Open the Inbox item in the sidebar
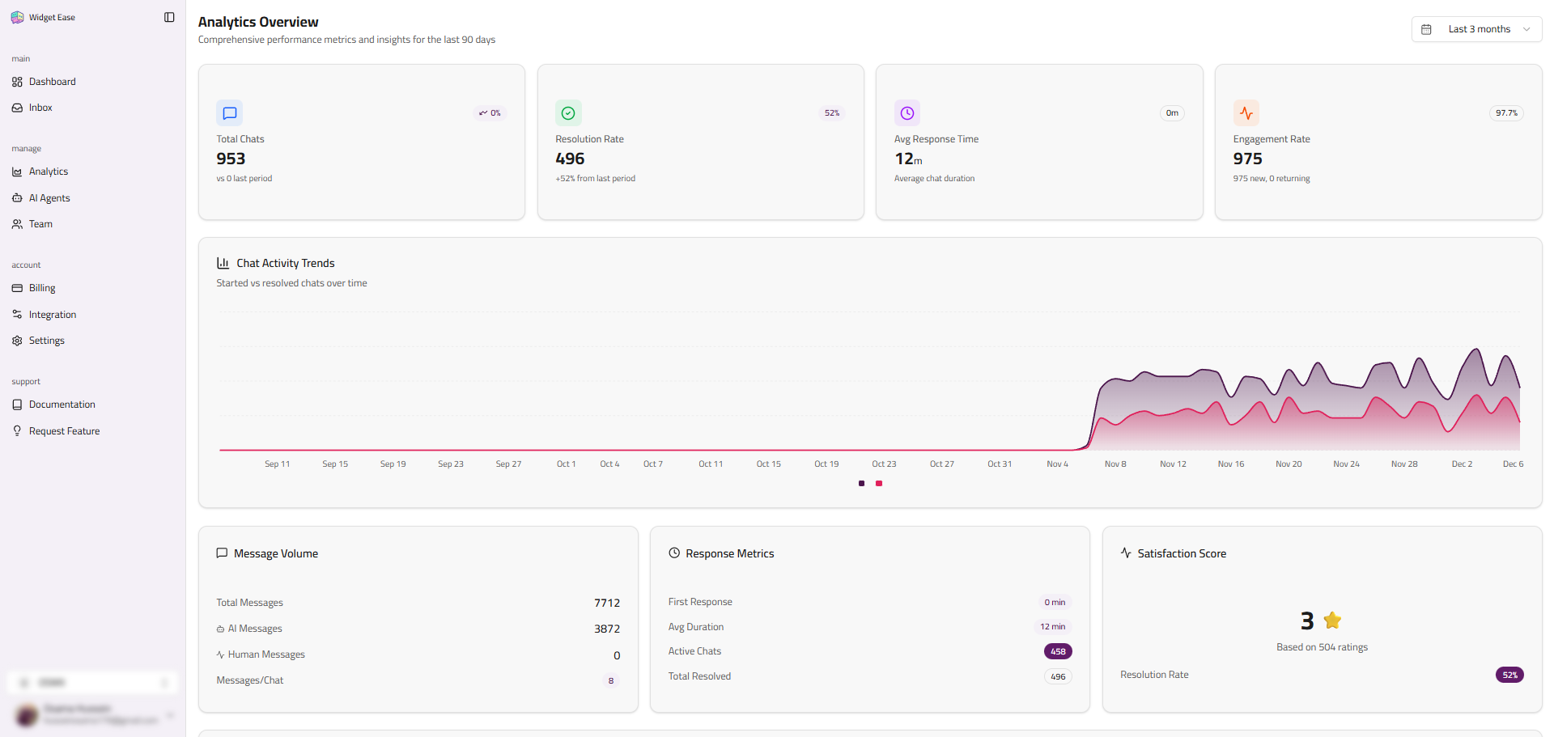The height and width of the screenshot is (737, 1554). [x=40, y=108]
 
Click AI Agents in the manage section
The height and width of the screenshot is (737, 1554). [x=49, y=198]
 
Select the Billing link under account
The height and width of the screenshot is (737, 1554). [x=41, y=288]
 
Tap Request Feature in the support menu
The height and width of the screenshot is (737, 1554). [x=64, y=431]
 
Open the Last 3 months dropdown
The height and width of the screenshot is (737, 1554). [x=1476, y=29]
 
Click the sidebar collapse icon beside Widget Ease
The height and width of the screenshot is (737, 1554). [x=169, y=17]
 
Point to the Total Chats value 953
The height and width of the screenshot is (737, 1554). [x=231, y=159]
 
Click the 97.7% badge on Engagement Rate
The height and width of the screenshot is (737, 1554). [x=1506, y=113]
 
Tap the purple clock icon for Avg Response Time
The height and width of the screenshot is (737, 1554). [x=906, y=113]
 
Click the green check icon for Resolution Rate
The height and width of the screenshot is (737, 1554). [x=568, y=113]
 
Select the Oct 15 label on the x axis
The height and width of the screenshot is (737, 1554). [x=768, y=464]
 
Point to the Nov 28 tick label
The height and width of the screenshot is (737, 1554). [x=1403, y=464]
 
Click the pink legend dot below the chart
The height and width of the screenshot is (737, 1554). [x=879, y=484]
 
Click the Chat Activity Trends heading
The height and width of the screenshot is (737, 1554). [x=285, y=263]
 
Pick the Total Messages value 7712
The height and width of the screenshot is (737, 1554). [x=606, y=603]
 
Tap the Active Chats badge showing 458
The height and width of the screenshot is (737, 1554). [x=1057, y=651]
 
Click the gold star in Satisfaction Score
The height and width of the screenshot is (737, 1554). [x=1332, y=621]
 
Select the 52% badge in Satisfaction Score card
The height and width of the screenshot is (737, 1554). [x=1509, y=675]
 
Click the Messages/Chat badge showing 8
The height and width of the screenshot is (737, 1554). [x=610, y=681]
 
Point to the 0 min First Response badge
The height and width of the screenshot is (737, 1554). [x=1054, y=602]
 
